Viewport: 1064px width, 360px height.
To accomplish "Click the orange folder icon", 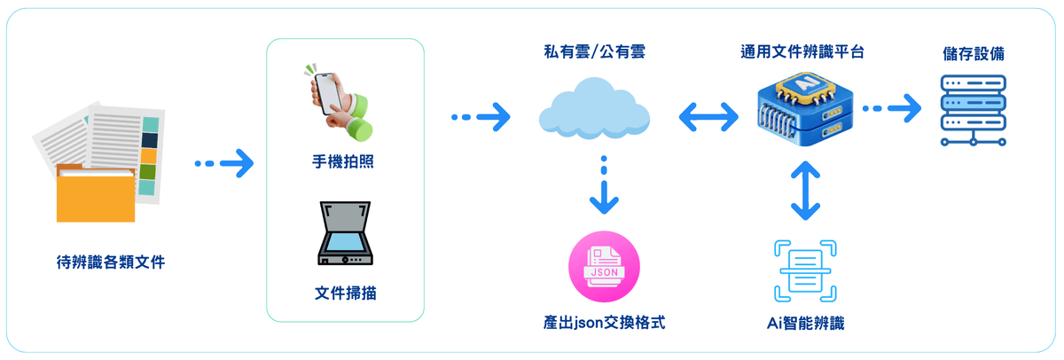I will (x=96, y=192).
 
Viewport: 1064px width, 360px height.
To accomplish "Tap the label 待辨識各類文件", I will (x=110, y=262).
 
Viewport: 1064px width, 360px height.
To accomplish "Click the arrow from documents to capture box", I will (x=223, y=163).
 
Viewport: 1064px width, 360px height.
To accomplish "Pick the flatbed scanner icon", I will (x=344, y=235).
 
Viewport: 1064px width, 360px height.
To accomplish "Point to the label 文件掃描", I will (x=345, y=293).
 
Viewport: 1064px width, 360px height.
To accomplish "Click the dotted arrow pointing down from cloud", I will (x=604, y=187).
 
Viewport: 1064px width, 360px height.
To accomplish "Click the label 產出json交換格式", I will (x=604, y=321).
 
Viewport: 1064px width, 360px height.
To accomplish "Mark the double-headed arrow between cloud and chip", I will (x=708, y=115).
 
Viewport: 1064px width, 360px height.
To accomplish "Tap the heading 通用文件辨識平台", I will (x=803, y=52).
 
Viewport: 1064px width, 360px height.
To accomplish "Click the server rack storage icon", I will (x=974, y=108).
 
